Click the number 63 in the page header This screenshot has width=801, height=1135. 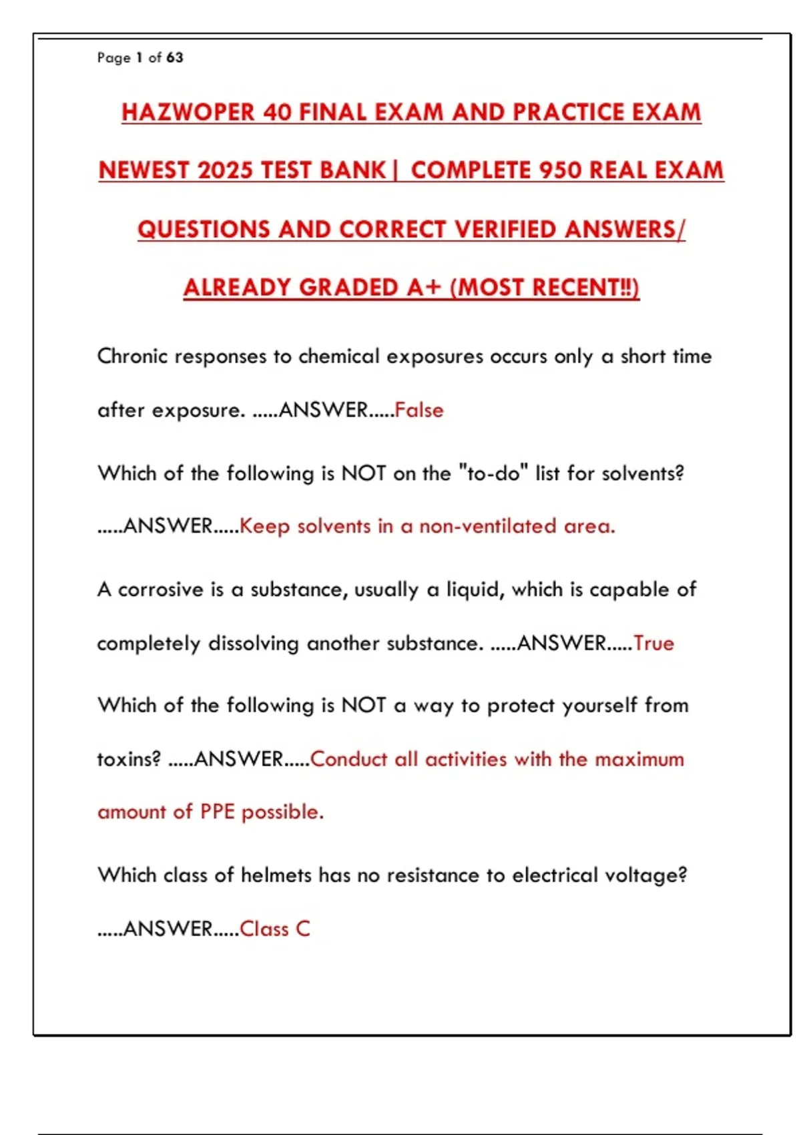(175, 58)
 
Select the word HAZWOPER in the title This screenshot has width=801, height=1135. (188, 112)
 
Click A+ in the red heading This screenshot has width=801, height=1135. (425, 287)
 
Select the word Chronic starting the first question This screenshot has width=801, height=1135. (132, 356)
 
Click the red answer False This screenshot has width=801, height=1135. (419, 409)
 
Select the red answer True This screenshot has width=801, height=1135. (653, 643)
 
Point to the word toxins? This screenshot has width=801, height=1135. (129, 759)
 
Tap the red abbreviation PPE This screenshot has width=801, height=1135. (217, 812)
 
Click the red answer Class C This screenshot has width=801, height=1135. (274, 929)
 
